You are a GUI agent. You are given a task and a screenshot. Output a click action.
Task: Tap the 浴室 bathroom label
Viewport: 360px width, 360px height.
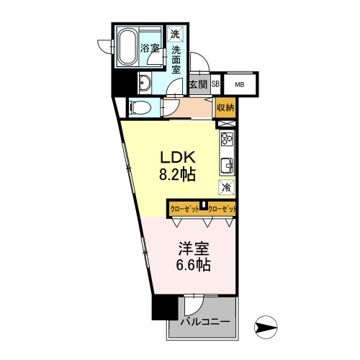click(150, 49)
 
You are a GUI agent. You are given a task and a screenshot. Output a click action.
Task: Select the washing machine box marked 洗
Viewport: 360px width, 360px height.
click(176, 34)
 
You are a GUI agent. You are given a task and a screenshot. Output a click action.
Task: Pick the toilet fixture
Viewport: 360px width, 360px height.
click(141, 108)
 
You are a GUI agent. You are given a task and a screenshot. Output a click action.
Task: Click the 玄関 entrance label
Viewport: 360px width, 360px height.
click(198, 84)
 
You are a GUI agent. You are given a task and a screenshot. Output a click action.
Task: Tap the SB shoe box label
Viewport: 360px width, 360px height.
click(215, 84)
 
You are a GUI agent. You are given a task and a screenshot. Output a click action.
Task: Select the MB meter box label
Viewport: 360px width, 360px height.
click(240, 84)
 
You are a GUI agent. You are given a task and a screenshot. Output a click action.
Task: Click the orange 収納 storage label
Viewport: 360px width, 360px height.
click(225, 108)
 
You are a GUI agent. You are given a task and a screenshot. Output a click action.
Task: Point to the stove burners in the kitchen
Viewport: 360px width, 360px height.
click(226, 139)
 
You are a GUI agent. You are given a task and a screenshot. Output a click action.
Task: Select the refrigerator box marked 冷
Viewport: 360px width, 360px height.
click(226, 186)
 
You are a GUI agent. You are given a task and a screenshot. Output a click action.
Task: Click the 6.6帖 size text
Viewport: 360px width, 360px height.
click(193, 265)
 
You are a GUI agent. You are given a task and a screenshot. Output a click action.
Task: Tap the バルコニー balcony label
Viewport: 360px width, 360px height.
click(205, 322)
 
